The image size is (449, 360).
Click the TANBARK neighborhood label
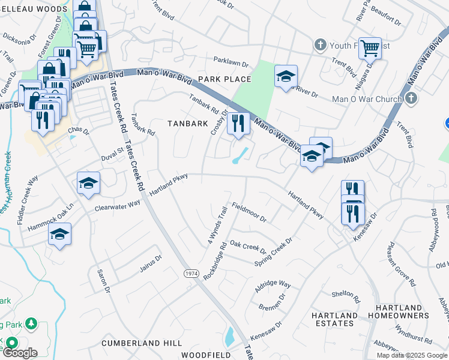[181, 123]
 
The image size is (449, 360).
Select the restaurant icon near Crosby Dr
[238, 124]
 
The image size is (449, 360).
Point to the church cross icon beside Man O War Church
[411, 97]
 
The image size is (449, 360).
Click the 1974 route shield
[191, 273]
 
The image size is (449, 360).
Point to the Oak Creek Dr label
[248, 247]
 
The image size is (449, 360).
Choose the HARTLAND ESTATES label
[334, 319]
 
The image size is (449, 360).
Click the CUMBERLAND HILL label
[142, 343]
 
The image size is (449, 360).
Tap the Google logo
[20, 353]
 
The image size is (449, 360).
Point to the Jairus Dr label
[151, 262]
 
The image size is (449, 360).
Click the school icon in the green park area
[286, 76]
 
